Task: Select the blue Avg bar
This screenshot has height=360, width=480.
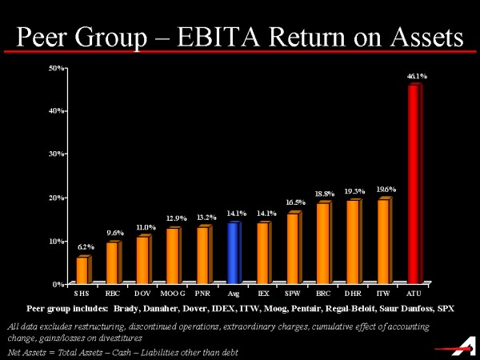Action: click(233, 253)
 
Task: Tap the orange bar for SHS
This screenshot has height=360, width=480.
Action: click(82, 270)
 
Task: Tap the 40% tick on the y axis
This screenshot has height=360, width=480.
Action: click(57, 110)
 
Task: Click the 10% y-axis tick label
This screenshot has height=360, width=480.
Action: click(57, 241)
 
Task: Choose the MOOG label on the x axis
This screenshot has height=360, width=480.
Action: click(173, 294)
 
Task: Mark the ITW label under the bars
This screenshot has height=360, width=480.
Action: click(383, 294)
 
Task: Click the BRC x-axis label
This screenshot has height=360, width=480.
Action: click(323, 294)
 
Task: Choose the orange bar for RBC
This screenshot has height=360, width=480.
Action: click(112, 262)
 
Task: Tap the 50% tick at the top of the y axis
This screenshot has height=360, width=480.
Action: click(57, 68)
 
